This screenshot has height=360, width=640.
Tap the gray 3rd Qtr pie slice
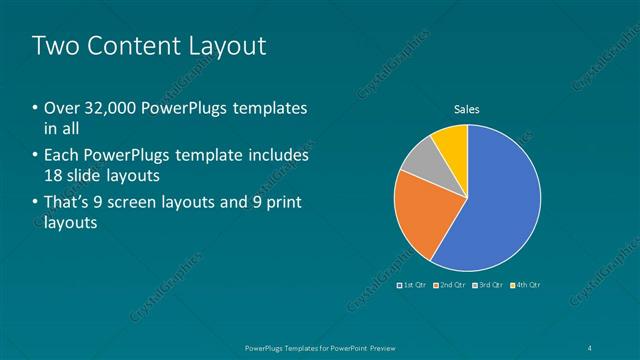422,160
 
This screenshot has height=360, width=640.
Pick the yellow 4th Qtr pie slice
453,142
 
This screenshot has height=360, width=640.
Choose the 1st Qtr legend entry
414,285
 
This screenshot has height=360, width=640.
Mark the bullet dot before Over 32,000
35,108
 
